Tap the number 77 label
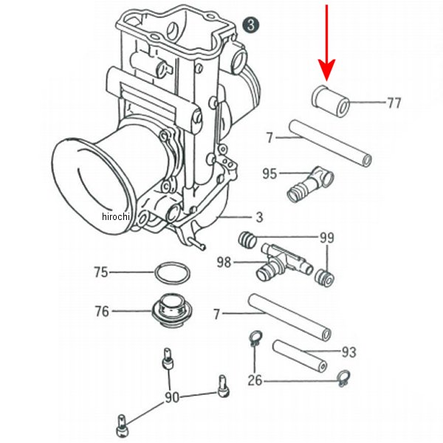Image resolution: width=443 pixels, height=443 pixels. (x=394, y=103)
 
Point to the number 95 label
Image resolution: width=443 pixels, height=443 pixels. (x=270, y=174)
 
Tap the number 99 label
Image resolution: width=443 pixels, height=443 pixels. (x=326, y=238)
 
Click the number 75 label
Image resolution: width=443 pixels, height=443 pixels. (x=100, y=272)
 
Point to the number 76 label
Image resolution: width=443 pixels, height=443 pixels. (x=102, y=312)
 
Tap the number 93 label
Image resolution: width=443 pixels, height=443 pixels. (x=348, y=353)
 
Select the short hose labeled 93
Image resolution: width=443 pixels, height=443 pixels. (x=299, y=355)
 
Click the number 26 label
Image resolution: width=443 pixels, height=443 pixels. (x=255, y=382)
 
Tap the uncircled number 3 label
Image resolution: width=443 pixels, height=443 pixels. (x=259, y=217)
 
